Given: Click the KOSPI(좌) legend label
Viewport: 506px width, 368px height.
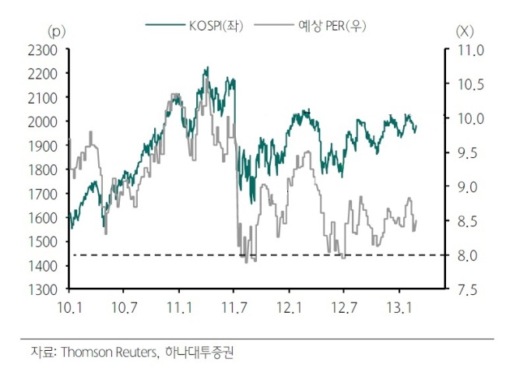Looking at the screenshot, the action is click(x=216, y=26).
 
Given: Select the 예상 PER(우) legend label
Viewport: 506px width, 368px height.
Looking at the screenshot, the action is click(x=332, y=26).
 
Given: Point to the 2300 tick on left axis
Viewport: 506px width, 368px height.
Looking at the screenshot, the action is click(x=43, y=51).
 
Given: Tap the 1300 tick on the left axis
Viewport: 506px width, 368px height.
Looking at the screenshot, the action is click(x=43, y=289).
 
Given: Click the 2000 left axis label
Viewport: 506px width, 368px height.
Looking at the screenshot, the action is click(x=43, y=122).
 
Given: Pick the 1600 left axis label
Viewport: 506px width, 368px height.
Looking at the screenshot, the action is click(x=43, y=218).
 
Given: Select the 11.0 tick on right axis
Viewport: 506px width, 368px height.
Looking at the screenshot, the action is click(x=471, y=51).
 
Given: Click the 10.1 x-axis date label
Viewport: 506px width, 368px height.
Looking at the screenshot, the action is click(x=69, y=307).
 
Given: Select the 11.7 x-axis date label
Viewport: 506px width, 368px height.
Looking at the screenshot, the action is click(x=234, y=307).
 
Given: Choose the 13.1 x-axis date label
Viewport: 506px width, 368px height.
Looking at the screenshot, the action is click(x=399, y=307).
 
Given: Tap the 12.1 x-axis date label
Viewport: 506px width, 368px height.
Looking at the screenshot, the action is click(x=289, y=307).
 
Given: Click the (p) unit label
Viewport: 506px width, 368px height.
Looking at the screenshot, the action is click(x=57, y=32).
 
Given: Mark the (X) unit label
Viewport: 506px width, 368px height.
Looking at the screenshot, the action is click(x=465, y=32).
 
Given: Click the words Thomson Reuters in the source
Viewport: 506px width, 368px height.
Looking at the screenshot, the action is click(x=110, y=352).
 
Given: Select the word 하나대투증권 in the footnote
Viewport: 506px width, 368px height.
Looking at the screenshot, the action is click(x=199, y=352).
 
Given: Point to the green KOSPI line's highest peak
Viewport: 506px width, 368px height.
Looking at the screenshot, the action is click(x=208, y=67).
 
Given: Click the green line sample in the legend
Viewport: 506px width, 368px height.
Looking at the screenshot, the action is click(x=165, y=25).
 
